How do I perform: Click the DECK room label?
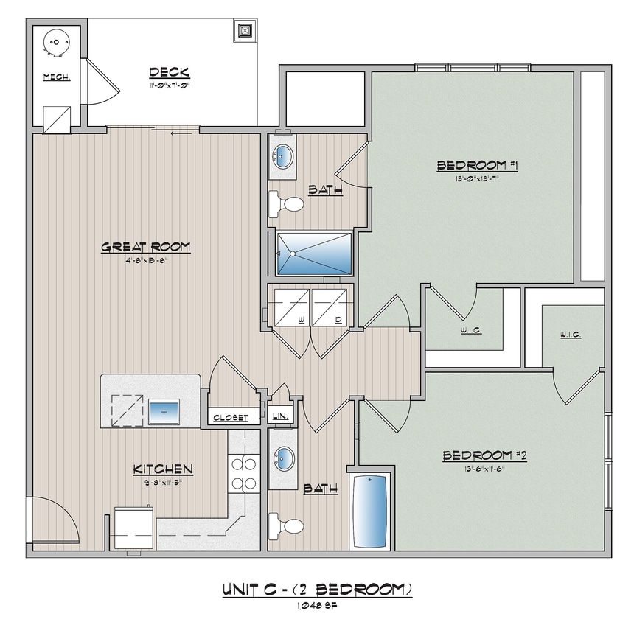(x=170, y=72)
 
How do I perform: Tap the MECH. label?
(x=56, y=77)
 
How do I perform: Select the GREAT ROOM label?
(x=145, y=248)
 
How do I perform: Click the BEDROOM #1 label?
(x=478, y=166)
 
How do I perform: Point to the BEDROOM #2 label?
(x=484, y=456)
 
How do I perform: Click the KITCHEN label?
(x=163, y=469)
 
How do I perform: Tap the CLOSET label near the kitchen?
(x=231, y=418)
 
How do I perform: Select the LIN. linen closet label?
(x=280, y=417)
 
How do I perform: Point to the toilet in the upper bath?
(x=287, y=204)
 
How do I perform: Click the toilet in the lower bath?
(x=288, y=526)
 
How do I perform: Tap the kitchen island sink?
(x=164, y=411)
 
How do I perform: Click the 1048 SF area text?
(x=316, y=606)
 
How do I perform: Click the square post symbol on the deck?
(x=245, y=32)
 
